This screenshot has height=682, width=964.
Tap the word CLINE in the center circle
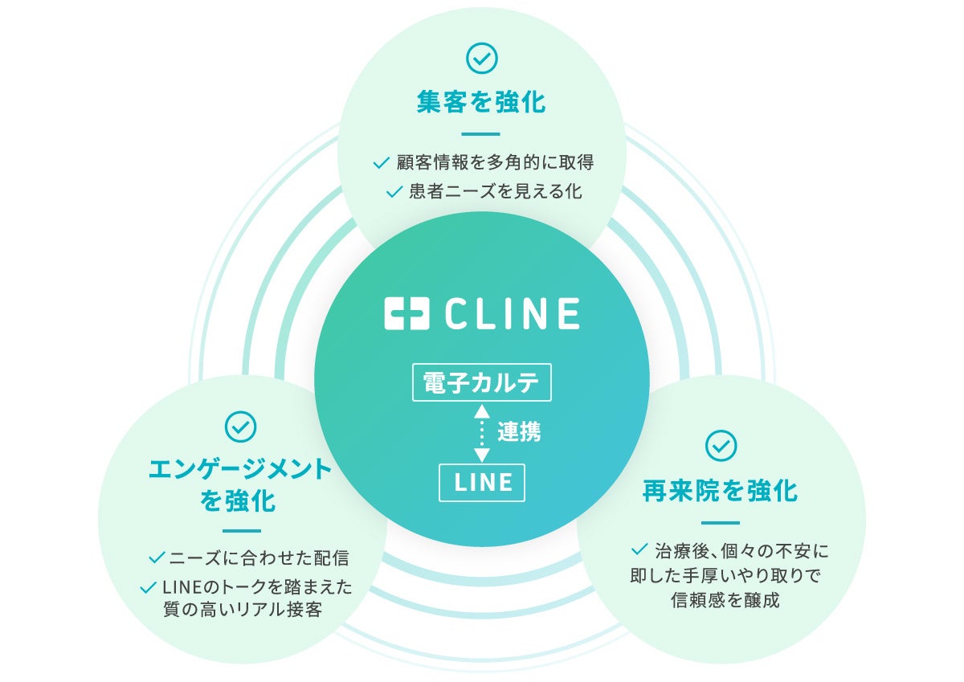pyautogui.click(x=511, y=313)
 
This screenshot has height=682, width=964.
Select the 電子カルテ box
pyautogui.click(x=481, y=382)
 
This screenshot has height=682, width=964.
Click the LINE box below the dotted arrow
pyautogui.click(x=482, y=482)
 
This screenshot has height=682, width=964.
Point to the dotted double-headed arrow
pyautogui.click(x=481, y=433)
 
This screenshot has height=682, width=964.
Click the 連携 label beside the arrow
pyautogui.click(x=518, y=432)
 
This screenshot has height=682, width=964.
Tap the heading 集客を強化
pyautogui.click(x=481, y=102)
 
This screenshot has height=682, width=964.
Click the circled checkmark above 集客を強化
pyautogui.click(x=481, y=58)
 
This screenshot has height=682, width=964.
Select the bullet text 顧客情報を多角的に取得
pyautogui.click(x=495, y=162)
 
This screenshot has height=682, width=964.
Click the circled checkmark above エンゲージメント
pyautogui.click(x=240, y=427)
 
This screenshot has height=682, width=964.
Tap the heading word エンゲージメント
pyautogui.click(x=240, y=470)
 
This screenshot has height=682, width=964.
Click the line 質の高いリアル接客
pyautogui.click(x=242, y=610)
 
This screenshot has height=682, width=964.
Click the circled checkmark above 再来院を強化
pyautogui.click(x=721, y=446)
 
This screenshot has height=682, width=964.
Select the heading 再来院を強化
pyautogui.click(x=721, y=491)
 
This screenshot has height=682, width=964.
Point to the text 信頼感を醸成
pyautogui.click(x=725, y=600)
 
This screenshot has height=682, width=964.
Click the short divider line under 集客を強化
pyautogui.click(x=481, y=134)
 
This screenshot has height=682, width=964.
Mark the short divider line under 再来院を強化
pyautogui.click(x=721, y=523)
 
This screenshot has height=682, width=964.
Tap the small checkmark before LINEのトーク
pyautogui.click(x=148, y=588)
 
